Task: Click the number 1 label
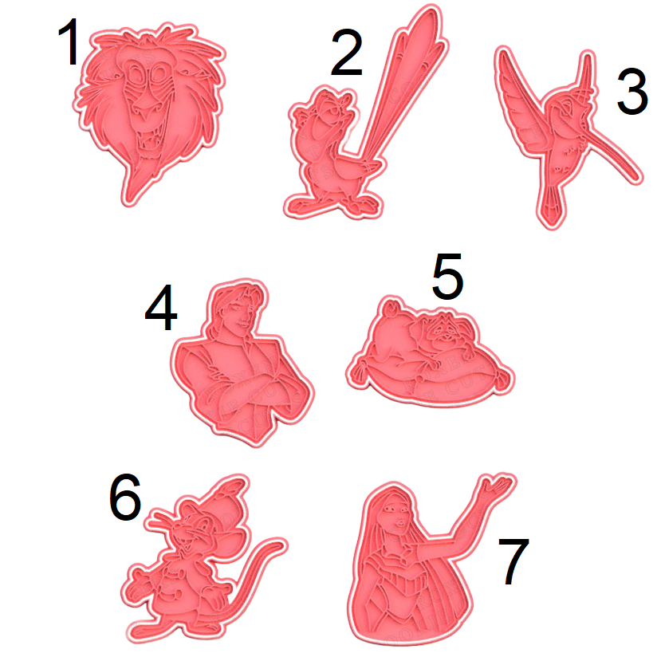[x=69, y=41]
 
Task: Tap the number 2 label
[x=347, y=52]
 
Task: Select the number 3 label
[x=632, y=92]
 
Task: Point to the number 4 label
[x=161, y=308]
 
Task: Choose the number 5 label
[x=447, y=277]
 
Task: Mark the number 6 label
[x=124, y=497]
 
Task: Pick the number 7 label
[x=513, y=561]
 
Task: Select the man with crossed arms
[x=242, y=363]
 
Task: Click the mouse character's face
[x=197, y=530]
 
